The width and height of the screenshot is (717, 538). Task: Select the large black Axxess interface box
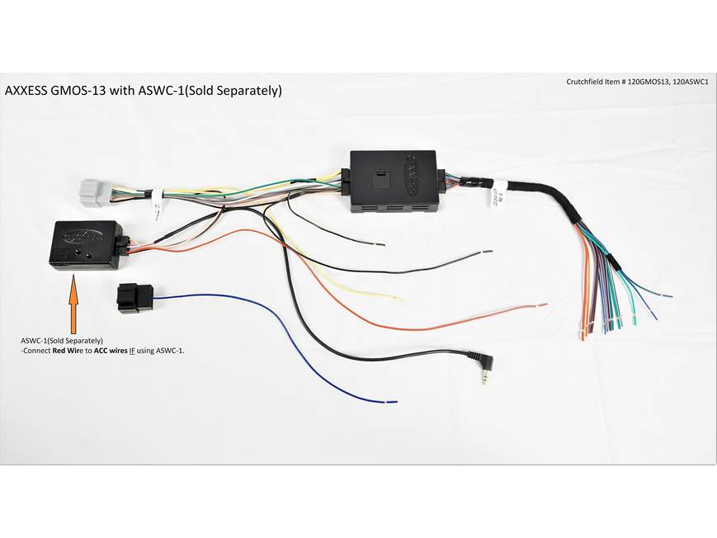392,181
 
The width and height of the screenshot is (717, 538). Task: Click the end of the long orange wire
545,305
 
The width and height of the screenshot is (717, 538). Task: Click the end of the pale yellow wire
403,298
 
